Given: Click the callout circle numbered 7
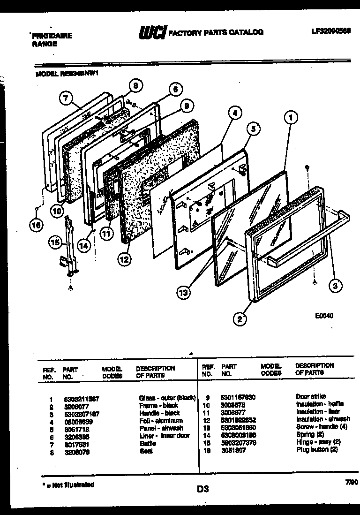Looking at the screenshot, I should click(x=66, y=98).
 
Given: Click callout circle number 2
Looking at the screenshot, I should click(x=240, y=319).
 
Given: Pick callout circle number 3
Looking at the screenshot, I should click(x=335, y=284).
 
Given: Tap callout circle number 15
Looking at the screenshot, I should click(x=55, y=242).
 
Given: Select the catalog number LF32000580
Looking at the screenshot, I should click(x=330, y=32).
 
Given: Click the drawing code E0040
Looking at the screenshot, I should click(x=324, y=316).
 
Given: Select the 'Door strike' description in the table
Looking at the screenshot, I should click(x=311, y=396).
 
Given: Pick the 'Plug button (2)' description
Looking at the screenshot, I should click(x=317, y=449).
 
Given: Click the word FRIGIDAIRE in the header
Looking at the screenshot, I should click(x=52, y=36).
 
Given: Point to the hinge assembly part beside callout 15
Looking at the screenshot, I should click(x=69, y=246).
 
